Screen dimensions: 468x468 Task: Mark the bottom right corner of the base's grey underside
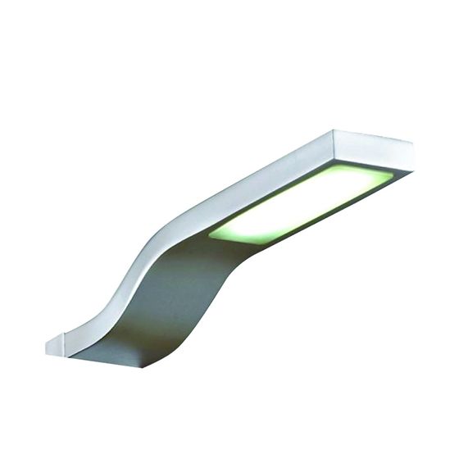pyautogui.click(x=146, y=366)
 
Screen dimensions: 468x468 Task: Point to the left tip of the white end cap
pyautogui.click(x=46, y=348)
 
